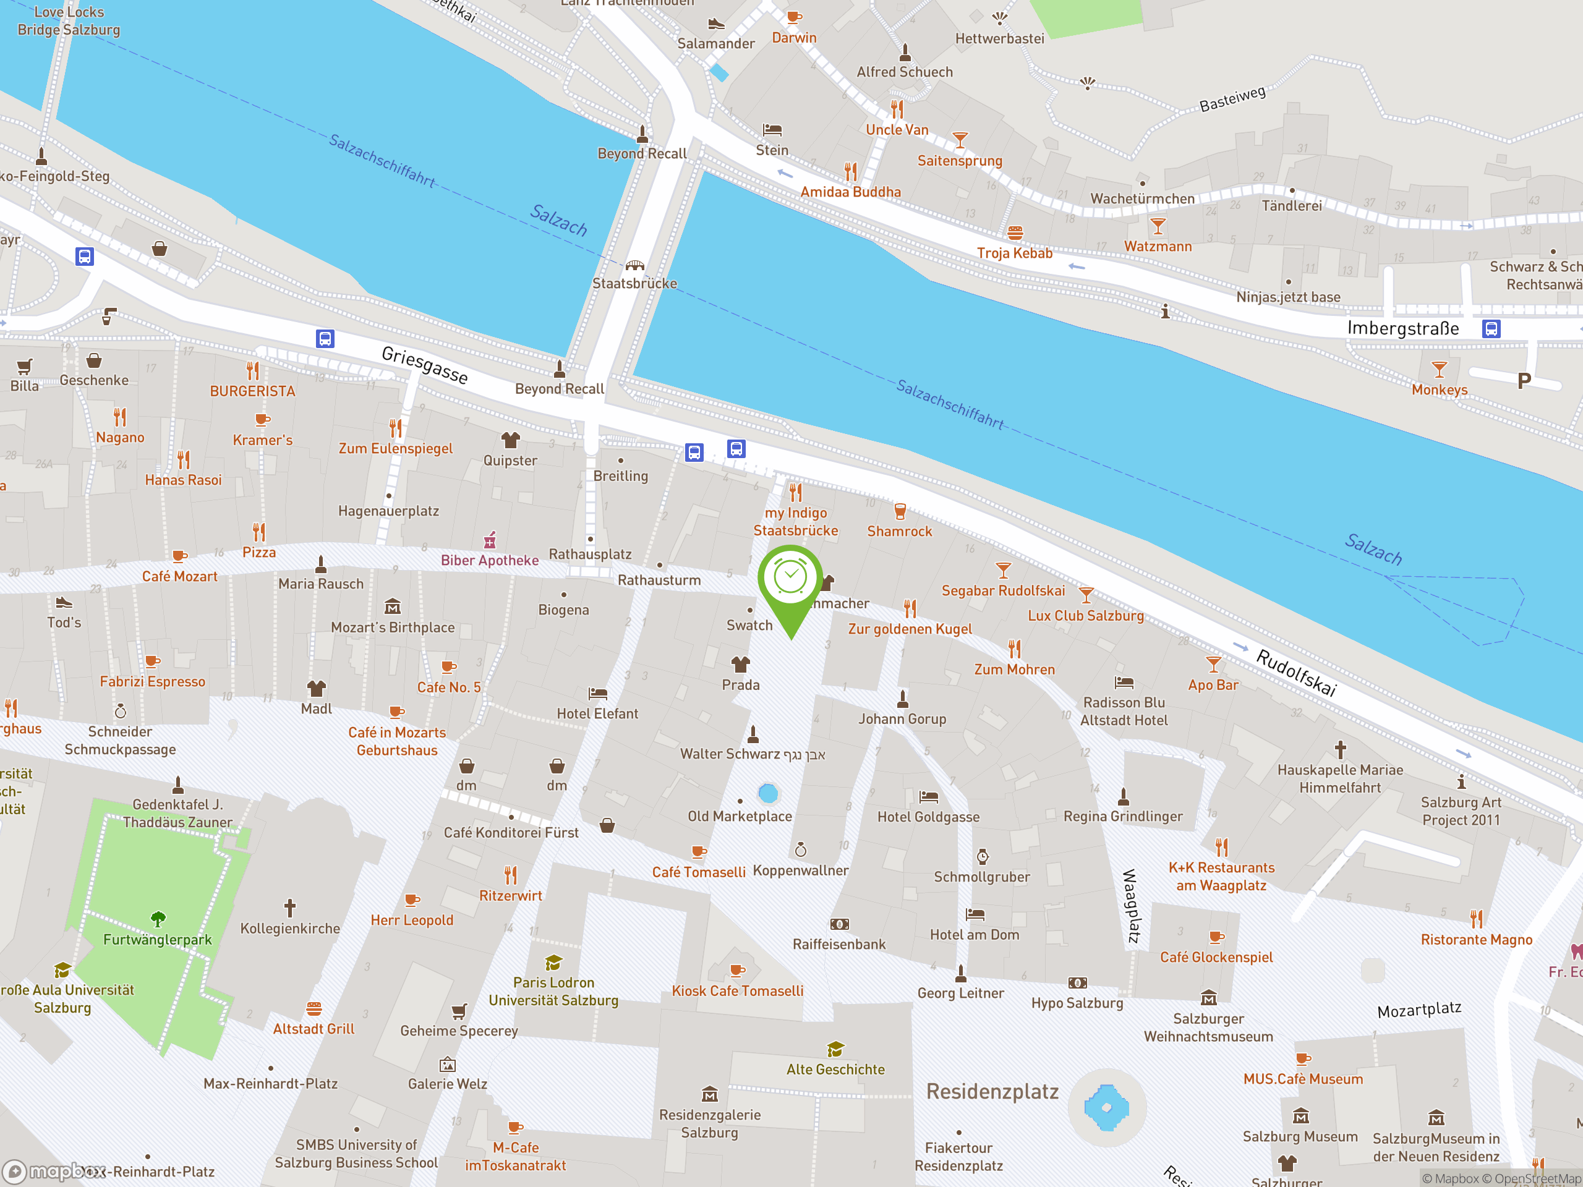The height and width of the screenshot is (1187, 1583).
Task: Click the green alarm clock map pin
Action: (790, 579)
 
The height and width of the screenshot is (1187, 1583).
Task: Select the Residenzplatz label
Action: (992, 1091)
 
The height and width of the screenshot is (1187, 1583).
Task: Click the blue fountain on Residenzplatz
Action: (1106, 1108)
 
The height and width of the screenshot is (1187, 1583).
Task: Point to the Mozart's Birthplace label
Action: (392, 628)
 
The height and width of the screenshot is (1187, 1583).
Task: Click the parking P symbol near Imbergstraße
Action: (1524, 381)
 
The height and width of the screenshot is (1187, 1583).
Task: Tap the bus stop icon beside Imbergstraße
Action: (1491, 329)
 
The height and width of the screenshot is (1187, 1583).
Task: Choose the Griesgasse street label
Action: (424, 365)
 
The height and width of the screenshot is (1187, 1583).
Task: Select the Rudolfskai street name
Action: (1296, 673)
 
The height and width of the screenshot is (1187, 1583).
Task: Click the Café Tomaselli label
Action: (699, 872)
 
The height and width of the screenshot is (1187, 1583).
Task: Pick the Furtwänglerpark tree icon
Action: (158, 919)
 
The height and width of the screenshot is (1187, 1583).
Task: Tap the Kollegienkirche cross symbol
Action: (290, 908)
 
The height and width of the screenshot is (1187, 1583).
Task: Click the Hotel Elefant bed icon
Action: (597, 693)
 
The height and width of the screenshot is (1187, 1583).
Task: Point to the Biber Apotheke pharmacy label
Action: (490, 560)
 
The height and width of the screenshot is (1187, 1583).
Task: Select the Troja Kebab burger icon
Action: (1015, 232)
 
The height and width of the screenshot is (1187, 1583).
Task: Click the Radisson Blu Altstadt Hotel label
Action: (1124, 711)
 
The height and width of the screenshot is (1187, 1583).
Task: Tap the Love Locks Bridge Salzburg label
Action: (69, 21)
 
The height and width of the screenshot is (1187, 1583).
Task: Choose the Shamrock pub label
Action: (900, 532)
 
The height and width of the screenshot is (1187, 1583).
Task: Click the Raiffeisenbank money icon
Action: (840, 924)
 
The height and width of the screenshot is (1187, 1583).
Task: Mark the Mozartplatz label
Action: (1419, 1010)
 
